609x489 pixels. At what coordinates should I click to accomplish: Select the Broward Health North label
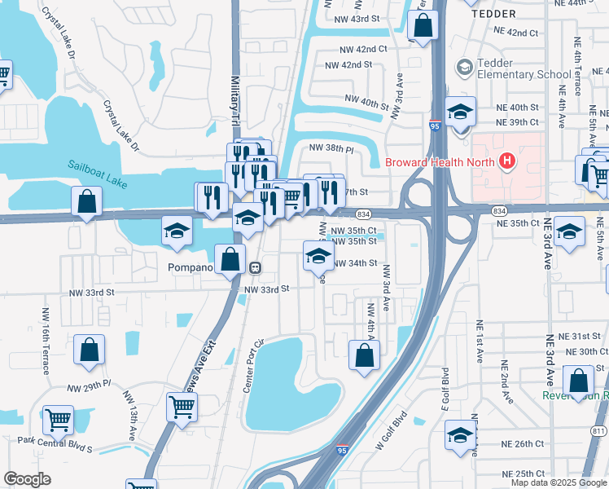click(440, 161)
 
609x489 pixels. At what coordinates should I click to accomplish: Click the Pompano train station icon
click(255, 267)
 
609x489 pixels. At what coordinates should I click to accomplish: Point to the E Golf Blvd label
click(446, 390)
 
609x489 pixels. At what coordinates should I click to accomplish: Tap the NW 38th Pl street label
click(331, 149)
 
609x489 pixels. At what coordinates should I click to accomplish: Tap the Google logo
click(27, 479)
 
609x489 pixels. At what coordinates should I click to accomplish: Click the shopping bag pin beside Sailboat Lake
click(87, 201)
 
